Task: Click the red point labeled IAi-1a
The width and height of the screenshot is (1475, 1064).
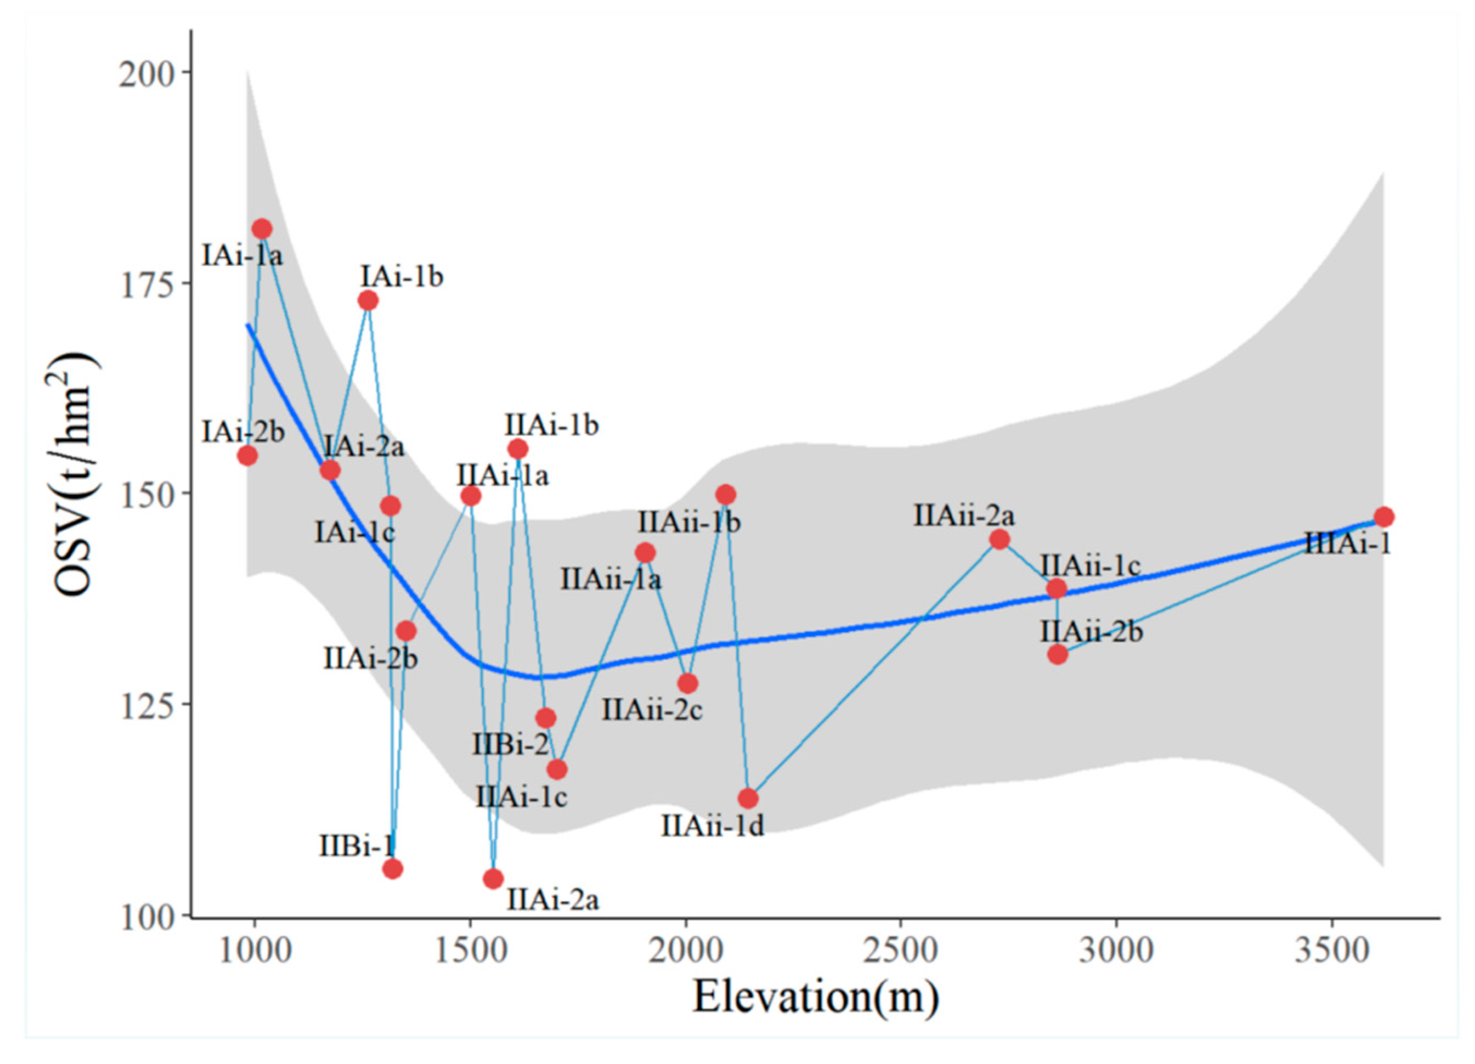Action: point(262,229)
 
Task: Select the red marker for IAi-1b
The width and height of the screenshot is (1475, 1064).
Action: point(368,300)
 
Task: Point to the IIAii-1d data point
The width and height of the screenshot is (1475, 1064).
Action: point(748,798)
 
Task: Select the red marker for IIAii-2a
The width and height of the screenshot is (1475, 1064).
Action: point(1000,539)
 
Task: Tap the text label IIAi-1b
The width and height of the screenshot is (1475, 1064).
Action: point(552,427)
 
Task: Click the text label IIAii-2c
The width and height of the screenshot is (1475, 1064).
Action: point(652,710)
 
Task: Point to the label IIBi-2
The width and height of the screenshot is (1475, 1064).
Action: point(511,745)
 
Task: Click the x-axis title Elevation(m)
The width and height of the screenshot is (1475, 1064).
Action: point(816,998)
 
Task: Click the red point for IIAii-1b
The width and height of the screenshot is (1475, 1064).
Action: point(727,495)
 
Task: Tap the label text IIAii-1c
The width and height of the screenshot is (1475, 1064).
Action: point(1091,566)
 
